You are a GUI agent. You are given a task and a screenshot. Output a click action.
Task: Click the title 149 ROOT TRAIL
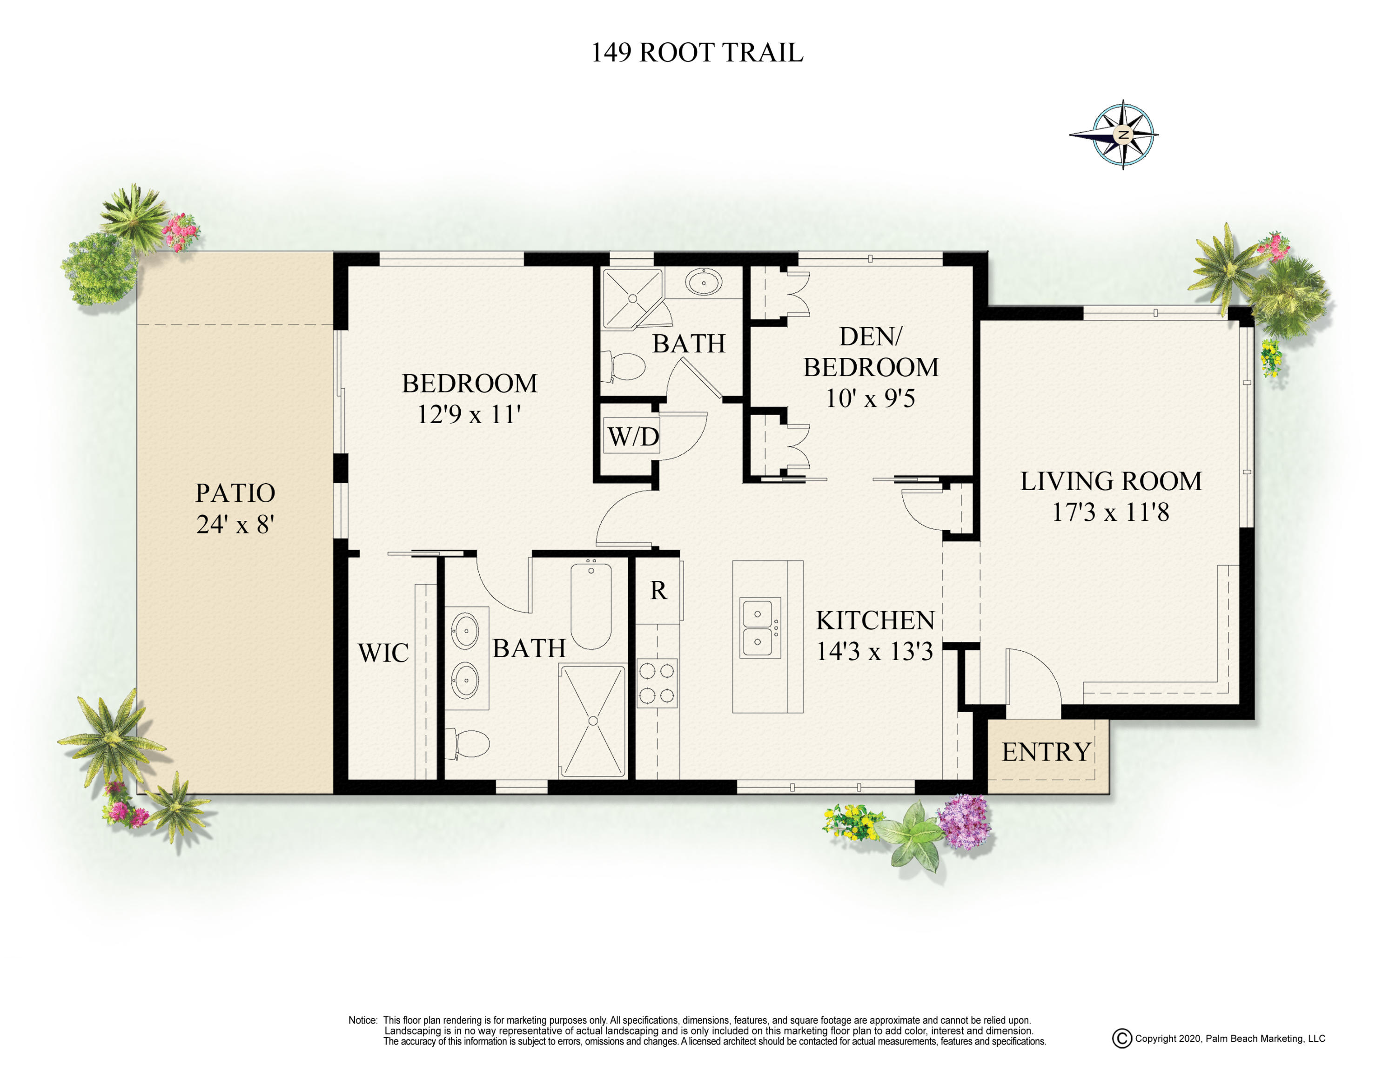697,53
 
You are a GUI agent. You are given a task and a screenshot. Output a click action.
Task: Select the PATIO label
235,493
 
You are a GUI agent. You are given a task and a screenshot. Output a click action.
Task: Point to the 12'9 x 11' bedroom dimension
469,414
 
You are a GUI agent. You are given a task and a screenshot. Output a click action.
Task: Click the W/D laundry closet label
632,437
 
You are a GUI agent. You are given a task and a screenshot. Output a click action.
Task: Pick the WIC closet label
383,653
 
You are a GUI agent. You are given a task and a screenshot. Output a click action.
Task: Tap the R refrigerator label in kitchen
658,591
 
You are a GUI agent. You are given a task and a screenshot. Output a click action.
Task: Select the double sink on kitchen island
760,628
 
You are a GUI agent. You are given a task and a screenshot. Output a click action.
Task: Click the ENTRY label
1046,752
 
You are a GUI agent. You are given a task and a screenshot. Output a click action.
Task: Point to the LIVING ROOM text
1110,481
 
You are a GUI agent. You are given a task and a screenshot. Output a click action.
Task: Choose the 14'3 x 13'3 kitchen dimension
874,651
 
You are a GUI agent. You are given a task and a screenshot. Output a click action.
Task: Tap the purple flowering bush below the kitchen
964,822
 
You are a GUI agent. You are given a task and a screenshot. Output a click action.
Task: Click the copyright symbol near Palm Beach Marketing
1122,1039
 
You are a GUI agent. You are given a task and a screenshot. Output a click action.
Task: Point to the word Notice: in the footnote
362,1020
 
